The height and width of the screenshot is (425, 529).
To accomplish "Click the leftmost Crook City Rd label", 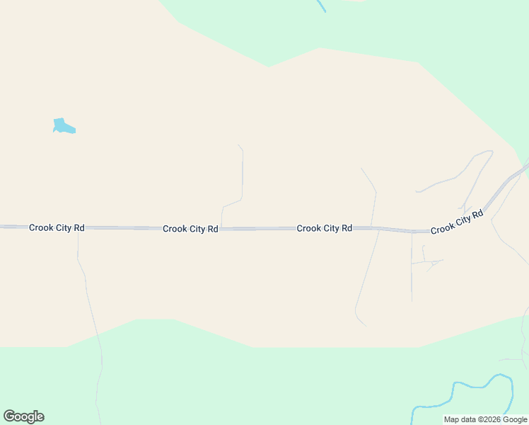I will pyautogui.click(x=57, y=227).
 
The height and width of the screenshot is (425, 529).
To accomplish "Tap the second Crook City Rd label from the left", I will pyautogui.click(x=190, y=229).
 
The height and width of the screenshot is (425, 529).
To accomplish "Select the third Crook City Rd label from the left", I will pyautogui.click(x=324, y=228).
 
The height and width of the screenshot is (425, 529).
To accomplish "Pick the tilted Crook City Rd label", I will pyautogui.click(x=457, y=221).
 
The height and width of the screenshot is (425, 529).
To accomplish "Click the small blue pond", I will pyautogui.click(x=63, y=127).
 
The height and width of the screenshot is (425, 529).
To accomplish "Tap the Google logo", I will pyautogui.click(x=23, y=416).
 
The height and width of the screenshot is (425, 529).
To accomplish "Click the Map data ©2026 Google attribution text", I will pyautogui.click(x=485, y=420).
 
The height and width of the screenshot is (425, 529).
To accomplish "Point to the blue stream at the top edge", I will pyautogui.click(x=322, y=6).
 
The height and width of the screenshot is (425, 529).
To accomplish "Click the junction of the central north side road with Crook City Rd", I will pyautogui.click(x=221, y=229).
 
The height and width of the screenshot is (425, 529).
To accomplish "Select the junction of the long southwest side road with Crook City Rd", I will pyautogui.click(x=78, y=228).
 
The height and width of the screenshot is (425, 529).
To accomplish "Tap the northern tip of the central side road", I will pyautogui.click(x=239, y=145).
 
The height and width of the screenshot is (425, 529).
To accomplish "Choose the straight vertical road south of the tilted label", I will pyautogui.click(x=412, y=269).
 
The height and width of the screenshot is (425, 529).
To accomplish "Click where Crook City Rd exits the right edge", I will pyautogui.click(x=527, y=166).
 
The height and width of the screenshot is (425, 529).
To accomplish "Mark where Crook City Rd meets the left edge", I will pyautogui.click(x=2, y=227).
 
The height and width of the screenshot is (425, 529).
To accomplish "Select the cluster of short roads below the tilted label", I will pyautogui.click(x=429, y=262).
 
